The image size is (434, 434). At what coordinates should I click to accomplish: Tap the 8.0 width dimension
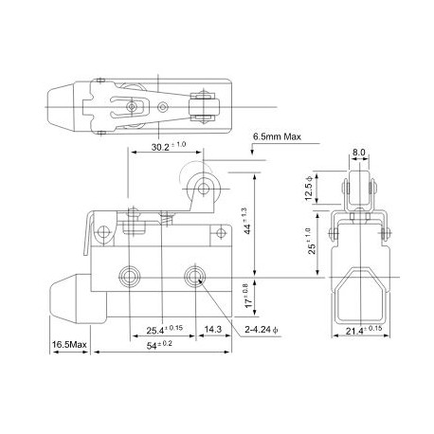pos(358,150)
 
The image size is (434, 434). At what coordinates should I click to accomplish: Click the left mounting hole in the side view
pos(130,276)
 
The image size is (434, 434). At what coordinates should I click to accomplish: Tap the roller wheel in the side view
pos(202,186)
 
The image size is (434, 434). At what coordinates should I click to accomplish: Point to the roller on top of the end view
pos(357,190)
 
